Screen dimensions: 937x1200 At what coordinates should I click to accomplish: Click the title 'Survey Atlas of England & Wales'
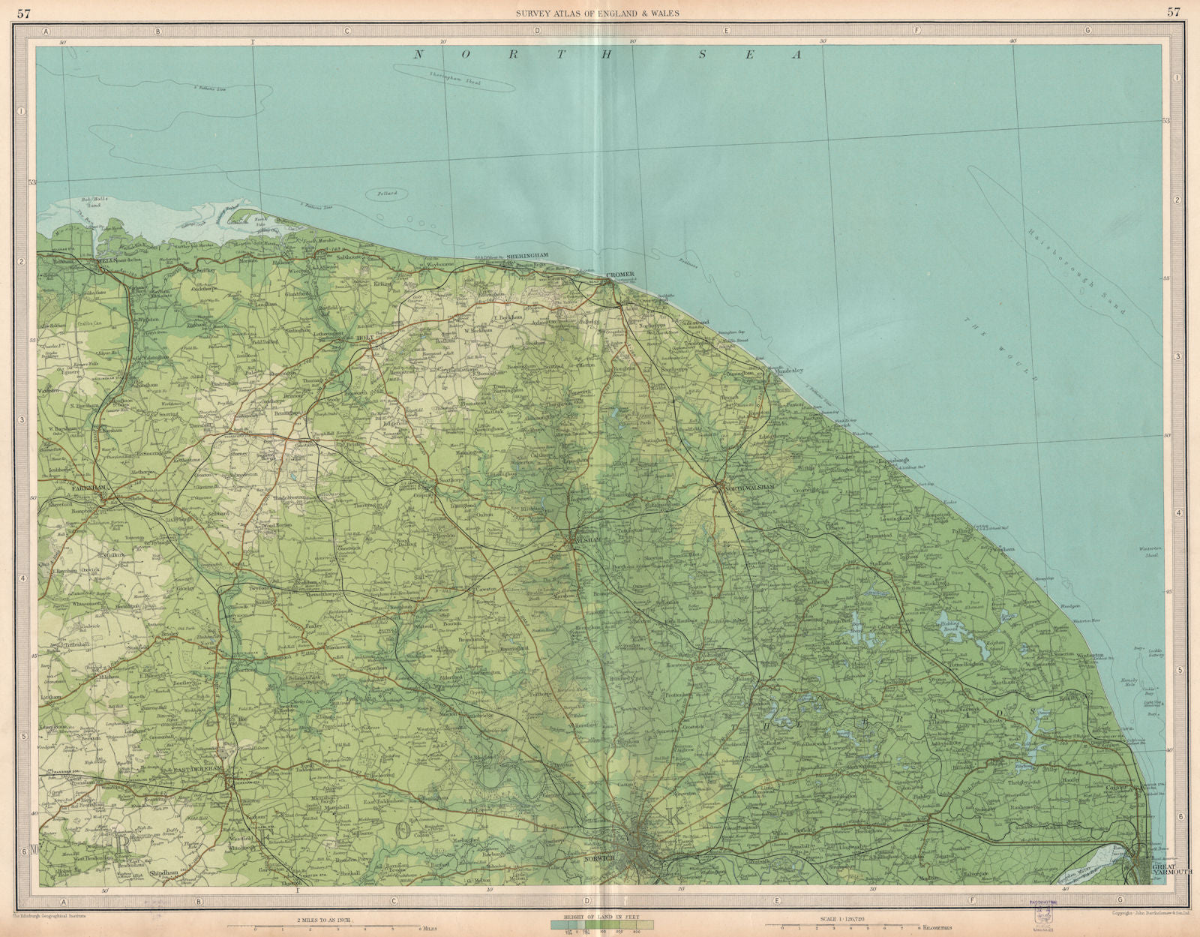point(599,11)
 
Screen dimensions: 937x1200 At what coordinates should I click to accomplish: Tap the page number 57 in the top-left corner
point(25,11)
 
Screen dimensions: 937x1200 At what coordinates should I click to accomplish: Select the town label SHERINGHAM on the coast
point(529,256)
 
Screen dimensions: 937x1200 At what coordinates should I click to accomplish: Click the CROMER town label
point(620,275)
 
